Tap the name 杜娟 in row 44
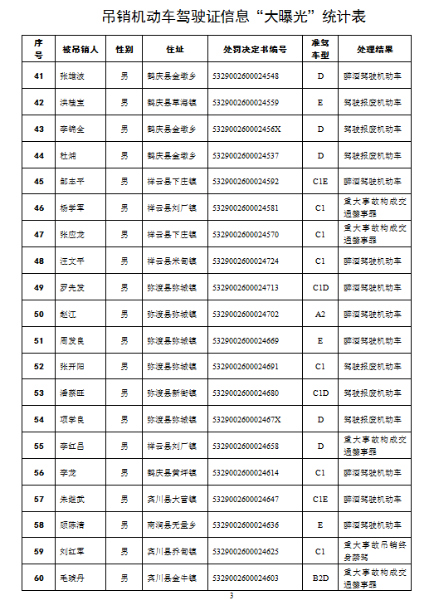tap(68, 155)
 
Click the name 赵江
tap(68, 315)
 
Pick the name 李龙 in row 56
tap(68, 472)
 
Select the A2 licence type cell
tap(319, 315)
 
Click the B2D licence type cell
tap(319, 578)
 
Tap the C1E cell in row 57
tap(319, 499)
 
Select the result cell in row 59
tap(375, 551)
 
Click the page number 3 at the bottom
tap(232, 596)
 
